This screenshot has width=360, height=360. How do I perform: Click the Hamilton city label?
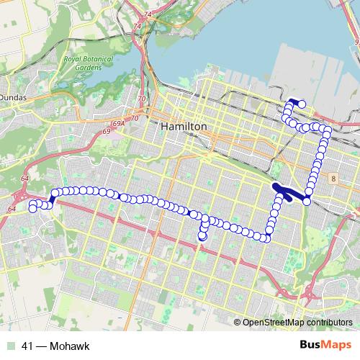click(185, 126)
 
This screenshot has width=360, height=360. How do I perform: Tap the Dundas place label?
click(14, 94)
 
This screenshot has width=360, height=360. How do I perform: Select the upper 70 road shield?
click(141, 98)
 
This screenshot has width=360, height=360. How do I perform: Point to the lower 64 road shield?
click(12, 209)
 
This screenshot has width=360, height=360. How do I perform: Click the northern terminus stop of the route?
click(302, 104)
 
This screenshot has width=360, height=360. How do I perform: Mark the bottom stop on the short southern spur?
click(202, 235)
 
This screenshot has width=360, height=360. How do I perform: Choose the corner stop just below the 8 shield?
click(307, 202)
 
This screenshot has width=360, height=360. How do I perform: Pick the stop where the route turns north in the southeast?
click(267, 238)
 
